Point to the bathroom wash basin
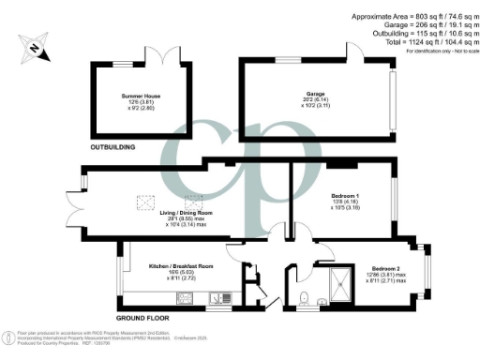[x=321, y=301]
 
